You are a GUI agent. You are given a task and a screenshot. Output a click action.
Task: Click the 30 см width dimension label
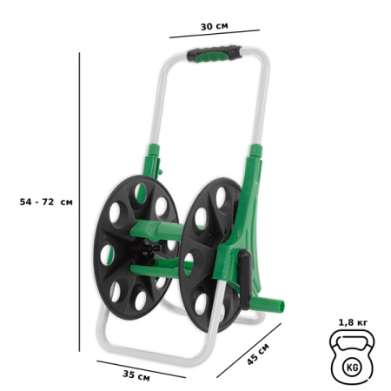(214, 26)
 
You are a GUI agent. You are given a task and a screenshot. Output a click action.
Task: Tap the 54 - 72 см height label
(46, 201)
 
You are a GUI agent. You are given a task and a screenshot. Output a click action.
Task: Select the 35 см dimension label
(136, 376)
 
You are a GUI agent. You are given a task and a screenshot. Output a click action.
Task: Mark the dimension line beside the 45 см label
(249, 350)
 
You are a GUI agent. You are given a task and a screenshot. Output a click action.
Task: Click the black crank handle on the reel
(247, 275)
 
